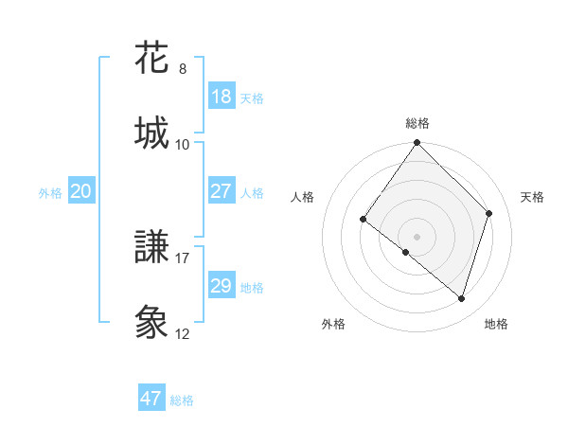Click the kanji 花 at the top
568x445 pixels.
pos(151,59)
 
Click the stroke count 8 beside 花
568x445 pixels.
pos(183,69)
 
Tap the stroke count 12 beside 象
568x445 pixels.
pos(183,334)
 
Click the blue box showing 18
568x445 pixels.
pos(221,97)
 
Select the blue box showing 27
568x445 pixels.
pos(221,191)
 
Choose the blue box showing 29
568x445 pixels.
pos(221,286)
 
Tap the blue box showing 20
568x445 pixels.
pos(80,191)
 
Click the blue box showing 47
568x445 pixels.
pos(151,399)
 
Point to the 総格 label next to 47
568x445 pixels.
pos(182,400)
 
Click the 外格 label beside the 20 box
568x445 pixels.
pos(50,193)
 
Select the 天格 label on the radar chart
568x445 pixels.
pos(532,197)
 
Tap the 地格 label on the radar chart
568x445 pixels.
pos(496,324)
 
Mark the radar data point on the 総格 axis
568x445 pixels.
pos(417,144)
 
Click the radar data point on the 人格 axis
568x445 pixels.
pos(364,220)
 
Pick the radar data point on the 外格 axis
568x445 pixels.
pos(406,252)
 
